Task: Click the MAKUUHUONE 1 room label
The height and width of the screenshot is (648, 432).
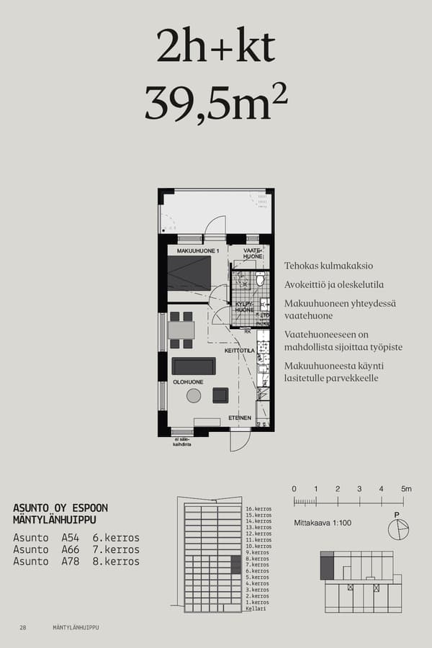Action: point(198,251)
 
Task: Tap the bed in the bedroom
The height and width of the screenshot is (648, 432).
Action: point(189,272)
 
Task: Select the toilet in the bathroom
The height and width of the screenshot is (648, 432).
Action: point(261,278)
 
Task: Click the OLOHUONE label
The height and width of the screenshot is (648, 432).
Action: point(187,382)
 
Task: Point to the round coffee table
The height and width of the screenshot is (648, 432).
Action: point(194,395)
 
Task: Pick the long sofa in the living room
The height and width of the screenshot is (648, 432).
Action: point(193,366)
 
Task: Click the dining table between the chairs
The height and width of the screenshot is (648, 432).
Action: point(181,330)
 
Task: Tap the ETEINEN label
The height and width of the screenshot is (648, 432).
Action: point(240,418)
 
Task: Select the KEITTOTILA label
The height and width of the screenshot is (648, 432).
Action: point(240,351)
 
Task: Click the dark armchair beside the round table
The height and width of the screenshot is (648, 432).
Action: point(220,395)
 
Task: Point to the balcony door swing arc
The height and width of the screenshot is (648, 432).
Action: point(215,226)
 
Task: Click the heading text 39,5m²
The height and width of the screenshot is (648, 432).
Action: point(216,103)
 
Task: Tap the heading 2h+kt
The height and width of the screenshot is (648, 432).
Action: point(216,48)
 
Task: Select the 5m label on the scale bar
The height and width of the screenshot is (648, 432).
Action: point(406,489)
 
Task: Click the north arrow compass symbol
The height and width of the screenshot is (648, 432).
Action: point(397,529)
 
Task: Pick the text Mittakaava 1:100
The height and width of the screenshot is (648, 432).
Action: point(323,523)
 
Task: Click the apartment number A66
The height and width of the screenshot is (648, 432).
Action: point(70,549)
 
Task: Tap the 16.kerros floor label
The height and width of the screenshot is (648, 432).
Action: point(258,509)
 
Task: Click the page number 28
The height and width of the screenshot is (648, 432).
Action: point(23,627)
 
